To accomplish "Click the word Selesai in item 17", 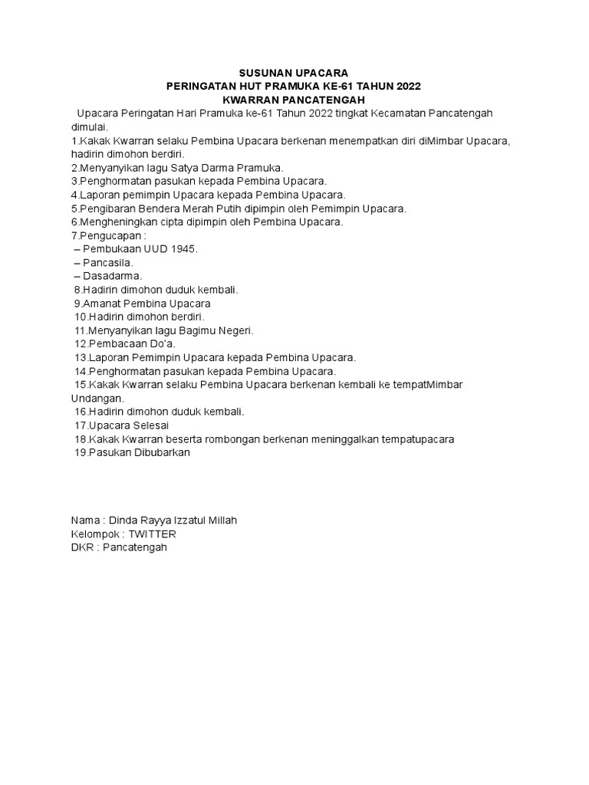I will (x=151, y=425).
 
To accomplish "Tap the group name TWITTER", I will (x=152, y=534).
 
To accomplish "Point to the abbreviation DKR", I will (x=82, y=548).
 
